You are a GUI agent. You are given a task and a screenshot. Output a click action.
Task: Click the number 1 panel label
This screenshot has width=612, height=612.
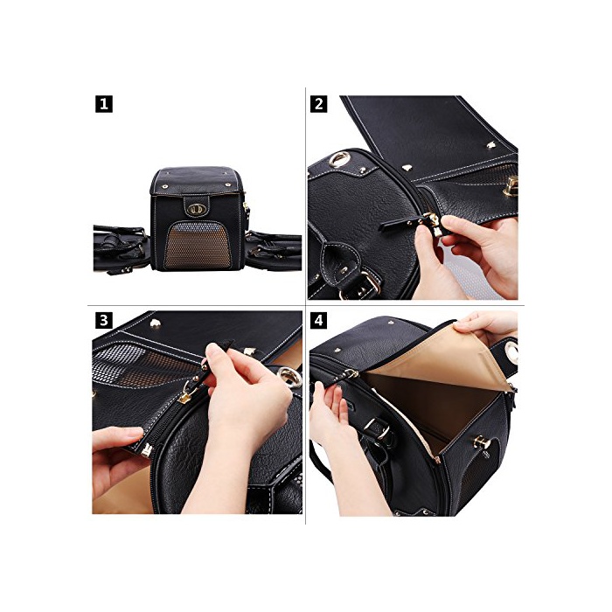104,104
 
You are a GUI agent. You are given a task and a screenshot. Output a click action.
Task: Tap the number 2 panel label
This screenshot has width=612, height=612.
318,104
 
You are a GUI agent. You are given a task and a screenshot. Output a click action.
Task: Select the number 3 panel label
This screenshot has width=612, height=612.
104,321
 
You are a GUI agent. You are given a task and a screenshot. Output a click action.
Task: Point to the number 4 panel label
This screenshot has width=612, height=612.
318,321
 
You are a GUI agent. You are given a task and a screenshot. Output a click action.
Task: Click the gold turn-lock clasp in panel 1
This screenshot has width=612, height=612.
196,209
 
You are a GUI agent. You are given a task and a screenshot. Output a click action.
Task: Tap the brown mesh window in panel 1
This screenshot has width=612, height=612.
198,246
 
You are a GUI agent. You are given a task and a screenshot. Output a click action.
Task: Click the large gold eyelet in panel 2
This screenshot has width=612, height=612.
339,160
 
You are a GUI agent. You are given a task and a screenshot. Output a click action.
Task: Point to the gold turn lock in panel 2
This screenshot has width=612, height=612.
511,186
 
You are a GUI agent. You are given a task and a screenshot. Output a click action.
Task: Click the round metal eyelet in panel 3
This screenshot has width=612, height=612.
289,377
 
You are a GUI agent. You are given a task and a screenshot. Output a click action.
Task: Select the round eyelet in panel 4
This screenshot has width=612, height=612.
511,353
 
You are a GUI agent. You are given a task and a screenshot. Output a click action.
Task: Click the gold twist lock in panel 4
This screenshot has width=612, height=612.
482,442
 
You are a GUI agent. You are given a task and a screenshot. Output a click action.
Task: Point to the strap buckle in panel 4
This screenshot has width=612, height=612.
378,428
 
